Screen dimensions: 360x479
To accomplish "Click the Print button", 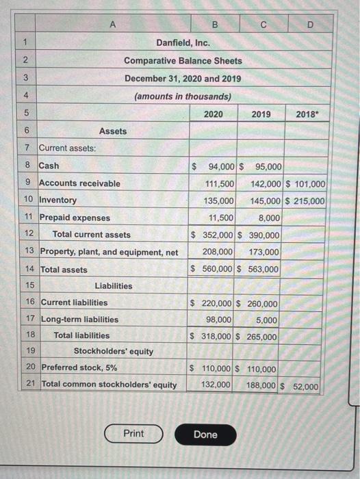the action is pos(133,434).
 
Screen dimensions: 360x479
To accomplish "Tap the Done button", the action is pos(205,435).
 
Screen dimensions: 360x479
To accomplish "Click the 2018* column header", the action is pos(306,114).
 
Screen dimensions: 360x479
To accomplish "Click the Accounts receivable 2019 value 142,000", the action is pos(265,183).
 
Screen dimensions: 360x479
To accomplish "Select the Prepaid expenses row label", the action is pos(75,218).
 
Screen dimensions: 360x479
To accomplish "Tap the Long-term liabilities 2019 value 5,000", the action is pos(266,320).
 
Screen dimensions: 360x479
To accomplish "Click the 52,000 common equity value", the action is pos(305,387).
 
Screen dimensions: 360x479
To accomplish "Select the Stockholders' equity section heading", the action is pos(114,352).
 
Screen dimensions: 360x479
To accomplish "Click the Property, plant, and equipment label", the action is pos(110,253).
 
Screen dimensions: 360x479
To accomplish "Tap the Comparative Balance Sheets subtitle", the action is pos(183,61).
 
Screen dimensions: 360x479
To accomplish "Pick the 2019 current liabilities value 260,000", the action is pos(263,303).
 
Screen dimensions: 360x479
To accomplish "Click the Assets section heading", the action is pos(113,131).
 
